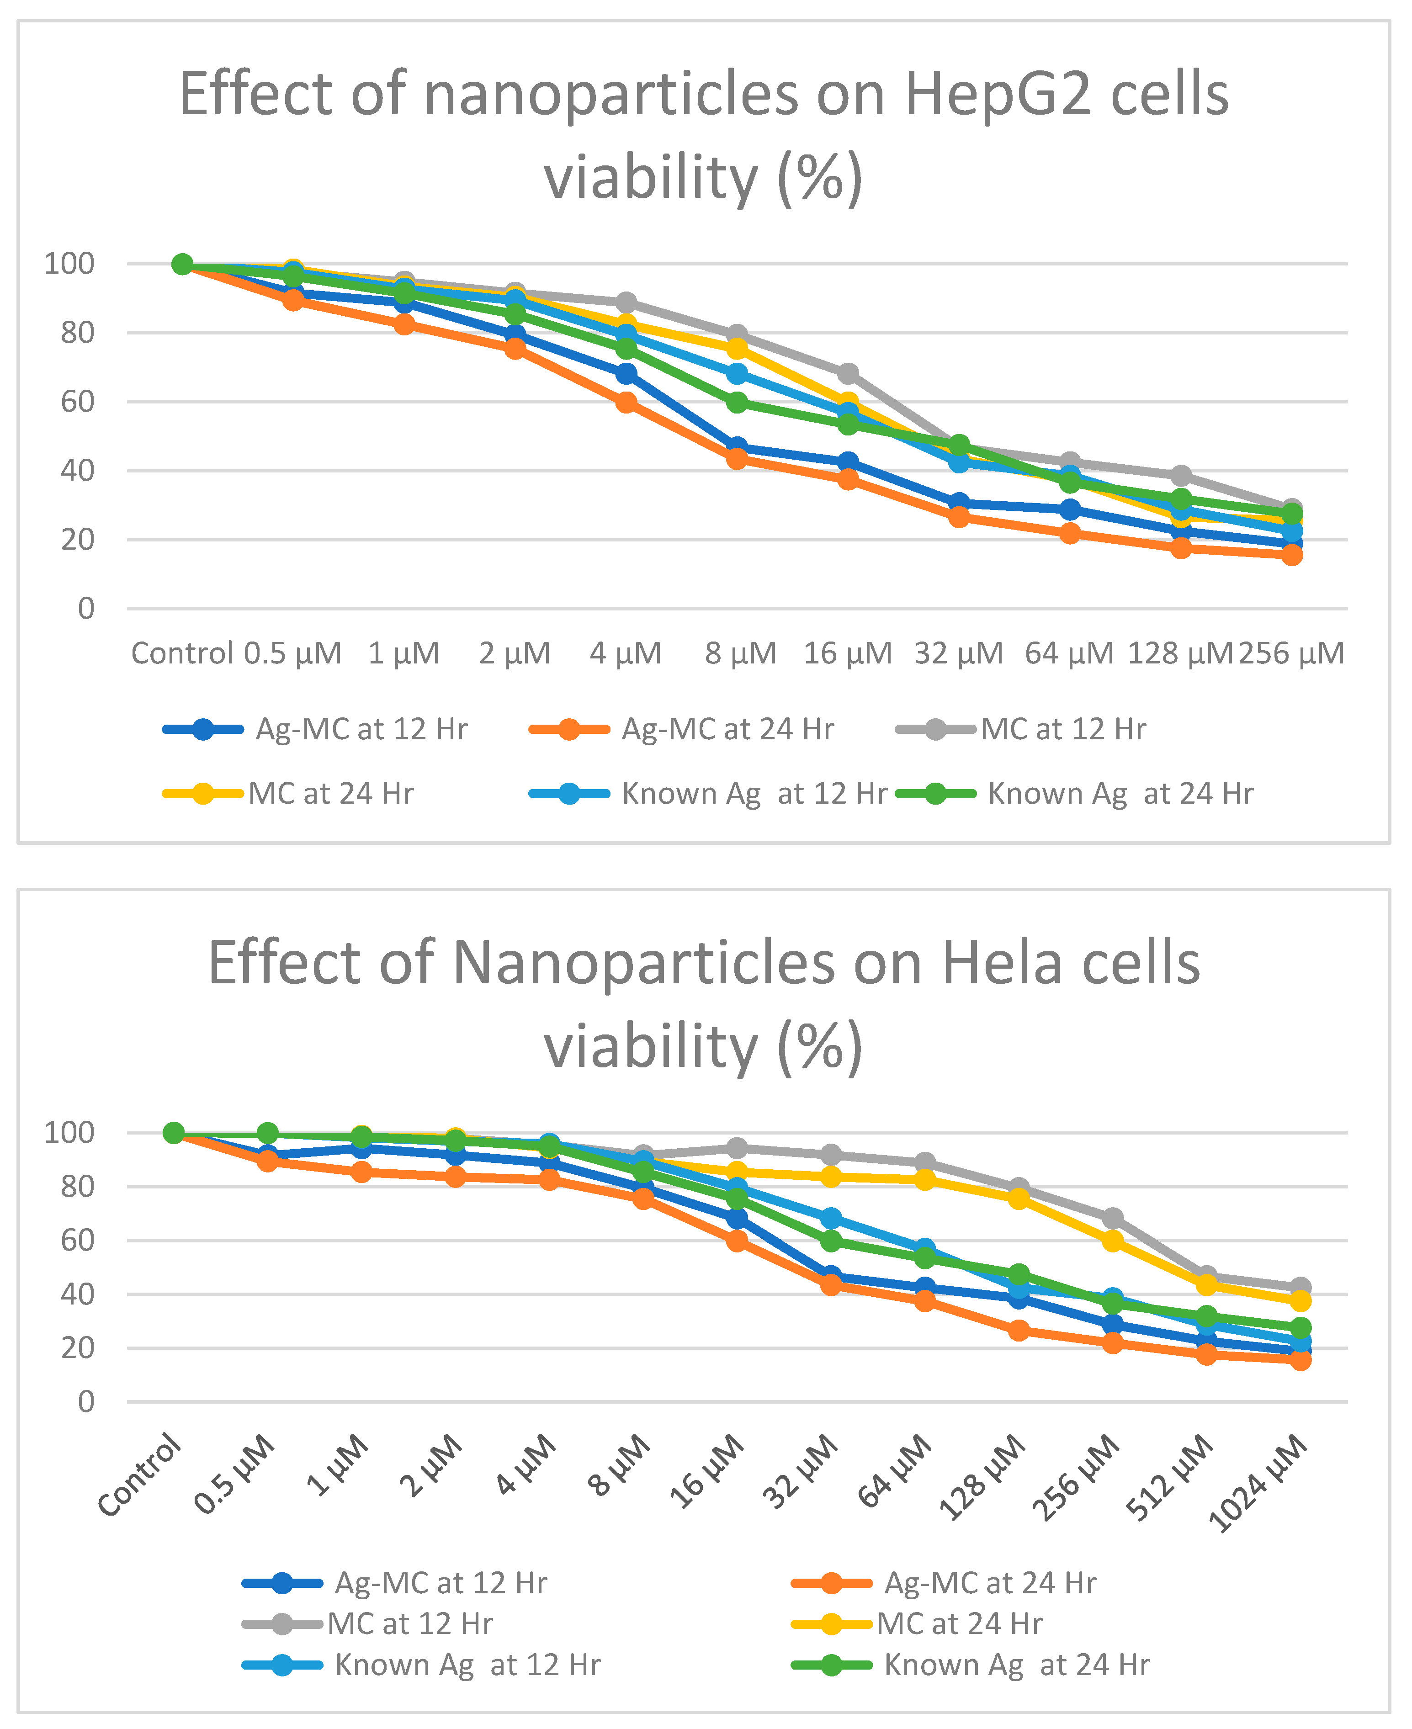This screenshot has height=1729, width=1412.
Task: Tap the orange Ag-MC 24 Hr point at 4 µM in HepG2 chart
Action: pyautogui.click(x=626, y=403)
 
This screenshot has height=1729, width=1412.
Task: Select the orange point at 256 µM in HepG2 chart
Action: pyautogui.click(x=1292, y=555)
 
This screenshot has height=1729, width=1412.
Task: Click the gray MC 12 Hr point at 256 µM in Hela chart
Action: pyautogui.click(x=1113, y=1218)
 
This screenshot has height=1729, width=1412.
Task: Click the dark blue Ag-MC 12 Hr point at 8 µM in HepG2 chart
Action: pyautogui.click(x=737, y=447)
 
